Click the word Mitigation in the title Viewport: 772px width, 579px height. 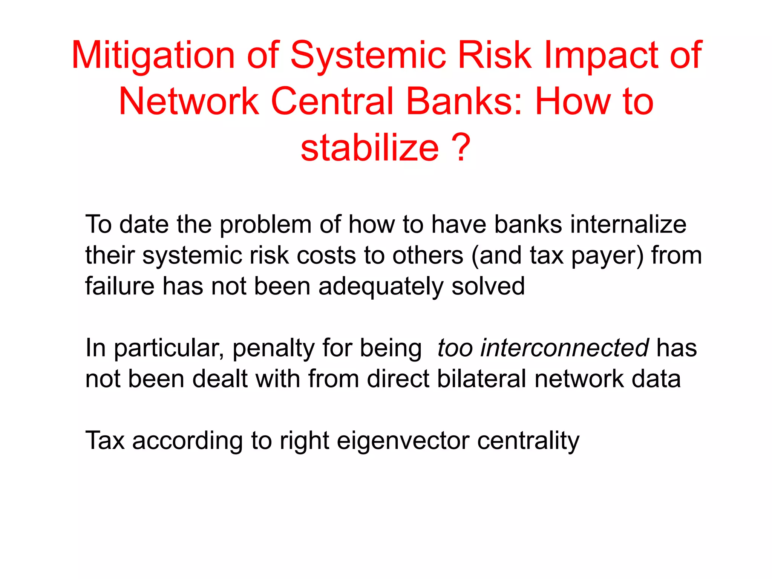153,56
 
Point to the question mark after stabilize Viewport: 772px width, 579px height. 462,148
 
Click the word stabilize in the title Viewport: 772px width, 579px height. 369,148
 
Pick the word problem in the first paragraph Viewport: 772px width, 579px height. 266,225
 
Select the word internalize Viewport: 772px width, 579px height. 628,225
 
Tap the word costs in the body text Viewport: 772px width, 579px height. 326,256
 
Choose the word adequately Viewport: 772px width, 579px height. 381,286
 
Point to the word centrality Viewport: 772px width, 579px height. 528,441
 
